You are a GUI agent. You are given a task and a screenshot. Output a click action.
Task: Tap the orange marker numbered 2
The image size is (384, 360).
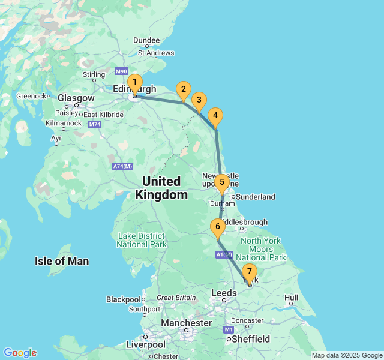point(184,91)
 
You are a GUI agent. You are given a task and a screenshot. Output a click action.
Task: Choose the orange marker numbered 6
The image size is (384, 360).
point(217,227)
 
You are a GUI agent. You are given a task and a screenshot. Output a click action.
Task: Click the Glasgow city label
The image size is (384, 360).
point(76,98)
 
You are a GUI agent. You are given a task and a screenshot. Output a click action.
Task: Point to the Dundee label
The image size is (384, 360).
point(146,41)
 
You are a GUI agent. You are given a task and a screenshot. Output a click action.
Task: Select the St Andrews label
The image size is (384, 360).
point(156,53)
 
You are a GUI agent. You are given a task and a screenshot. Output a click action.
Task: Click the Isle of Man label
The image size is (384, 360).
point(62,261)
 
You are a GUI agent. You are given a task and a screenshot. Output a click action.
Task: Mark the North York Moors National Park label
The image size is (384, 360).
point(260,249)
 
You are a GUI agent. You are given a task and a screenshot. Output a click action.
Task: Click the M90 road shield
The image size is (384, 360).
point(122,71)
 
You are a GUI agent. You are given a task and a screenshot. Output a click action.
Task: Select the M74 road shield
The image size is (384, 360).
point(94,124)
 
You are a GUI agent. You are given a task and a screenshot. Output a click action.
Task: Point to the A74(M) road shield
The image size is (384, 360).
point(122,166)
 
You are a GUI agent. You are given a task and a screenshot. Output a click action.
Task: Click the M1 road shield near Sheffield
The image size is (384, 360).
point(229,329)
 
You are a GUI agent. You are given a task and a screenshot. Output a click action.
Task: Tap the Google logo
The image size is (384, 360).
point(20,353)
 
